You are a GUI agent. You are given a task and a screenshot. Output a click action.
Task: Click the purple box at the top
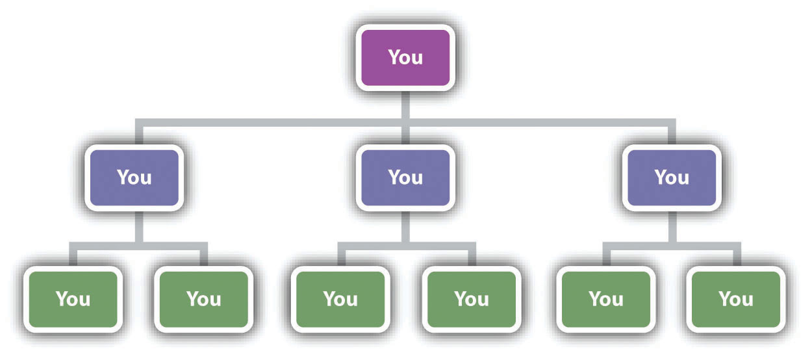405,58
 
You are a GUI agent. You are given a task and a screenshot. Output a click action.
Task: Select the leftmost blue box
134,177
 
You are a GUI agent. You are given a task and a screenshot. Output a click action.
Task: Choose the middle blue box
405,177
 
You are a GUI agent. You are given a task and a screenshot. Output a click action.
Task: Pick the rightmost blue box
672,177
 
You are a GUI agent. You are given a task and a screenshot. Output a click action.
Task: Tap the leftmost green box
73,299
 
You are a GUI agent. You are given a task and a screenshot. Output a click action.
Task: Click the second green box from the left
204,299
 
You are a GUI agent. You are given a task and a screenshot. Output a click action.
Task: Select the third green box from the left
340,299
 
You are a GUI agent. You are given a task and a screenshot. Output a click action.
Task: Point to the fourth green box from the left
472,299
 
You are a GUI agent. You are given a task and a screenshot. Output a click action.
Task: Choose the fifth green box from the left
606,299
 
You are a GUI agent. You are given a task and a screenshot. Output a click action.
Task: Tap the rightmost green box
736,299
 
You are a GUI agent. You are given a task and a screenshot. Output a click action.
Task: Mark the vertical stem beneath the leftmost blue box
139,227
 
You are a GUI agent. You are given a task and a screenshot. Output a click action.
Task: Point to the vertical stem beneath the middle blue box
405,227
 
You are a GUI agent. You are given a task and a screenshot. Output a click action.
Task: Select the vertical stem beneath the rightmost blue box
672,227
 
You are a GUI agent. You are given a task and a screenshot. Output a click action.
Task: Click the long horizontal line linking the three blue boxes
405,123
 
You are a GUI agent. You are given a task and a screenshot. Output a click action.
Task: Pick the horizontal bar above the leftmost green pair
138,246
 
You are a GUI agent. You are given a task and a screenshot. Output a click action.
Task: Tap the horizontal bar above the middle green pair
407,246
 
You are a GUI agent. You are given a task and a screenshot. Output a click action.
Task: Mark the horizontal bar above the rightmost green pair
672,246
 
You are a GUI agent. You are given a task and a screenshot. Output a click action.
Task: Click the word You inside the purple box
405,57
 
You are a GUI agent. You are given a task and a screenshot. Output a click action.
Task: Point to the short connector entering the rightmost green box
737,258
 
